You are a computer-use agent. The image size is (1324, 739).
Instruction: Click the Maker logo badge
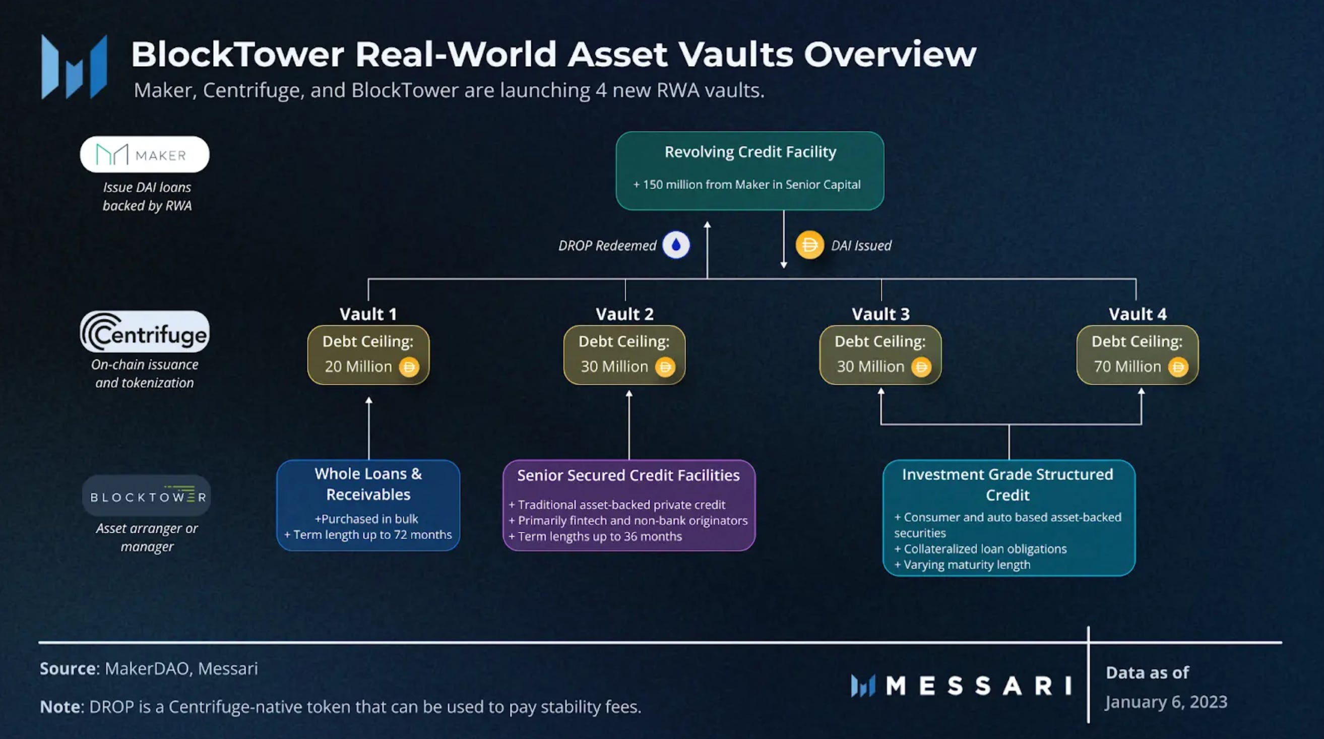(145, 154)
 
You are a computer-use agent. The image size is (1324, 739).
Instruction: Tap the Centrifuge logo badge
(145, 332)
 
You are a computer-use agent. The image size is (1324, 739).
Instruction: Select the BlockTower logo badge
(147, 496)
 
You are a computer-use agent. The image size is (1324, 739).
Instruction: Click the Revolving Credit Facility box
(749, 170)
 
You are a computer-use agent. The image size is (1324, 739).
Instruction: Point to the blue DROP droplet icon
(676, 245)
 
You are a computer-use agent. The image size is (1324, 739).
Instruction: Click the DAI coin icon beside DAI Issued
(809, 245)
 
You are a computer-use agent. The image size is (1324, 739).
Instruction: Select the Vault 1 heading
(368, 314)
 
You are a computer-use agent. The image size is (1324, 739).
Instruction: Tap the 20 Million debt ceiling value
(358, 366)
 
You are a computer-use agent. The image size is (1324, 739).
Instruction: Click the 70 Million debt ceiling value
(1127, 366)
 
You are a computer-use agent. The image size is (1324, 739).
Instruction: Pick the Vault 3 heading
(880, 314)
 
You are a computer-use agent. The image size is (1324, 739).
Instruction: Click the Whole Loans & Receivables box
(368, 505)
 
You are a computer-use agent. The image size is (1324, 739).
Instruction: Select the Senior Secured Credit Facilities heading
(628, 475)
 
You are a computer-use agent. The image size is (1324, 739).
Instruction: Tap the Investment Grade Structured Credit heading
(1007, 484)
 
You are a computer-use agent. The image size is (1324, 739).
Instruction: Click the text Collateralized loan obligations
(985, 549)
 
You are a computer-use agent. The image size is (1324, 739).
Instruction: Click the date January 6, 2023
(1166, 702)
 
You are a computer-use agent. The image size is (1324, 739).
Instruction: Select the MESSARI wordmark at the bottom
(961, 686)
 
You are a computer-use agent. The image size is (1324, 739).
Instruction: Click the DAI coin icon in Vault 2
(665, 367)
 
